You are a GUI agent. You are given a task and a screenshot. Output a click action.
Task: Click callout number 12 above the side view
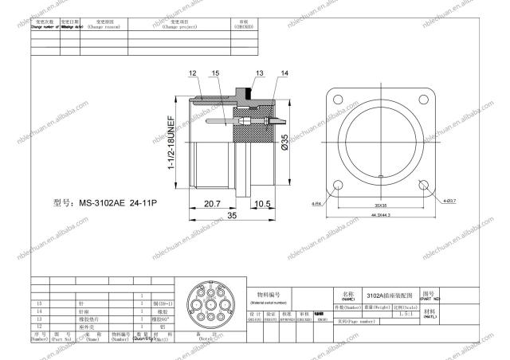[x=193, y=73]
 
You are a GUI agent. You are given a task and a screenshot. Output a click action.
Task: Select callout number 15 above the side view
[x=215, y=73]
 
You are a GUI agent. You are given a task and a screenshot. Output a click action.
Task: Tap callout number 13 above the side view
[x=260, y=73]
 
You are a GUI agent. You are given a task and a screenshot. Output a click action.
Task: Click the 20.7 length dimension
[x=212, y=204]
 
